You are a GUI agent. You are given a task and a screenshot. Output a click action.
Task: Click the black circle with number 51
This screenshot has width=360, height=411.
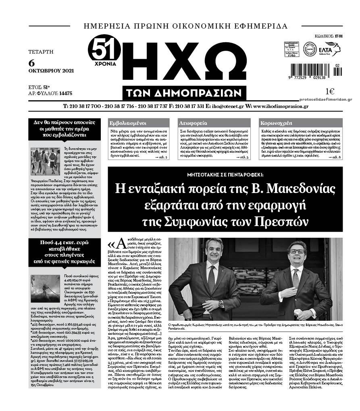pos(104,50)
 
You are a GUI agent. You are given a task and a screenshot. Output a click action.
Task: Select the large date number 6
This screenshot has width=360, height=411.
pos(31,63)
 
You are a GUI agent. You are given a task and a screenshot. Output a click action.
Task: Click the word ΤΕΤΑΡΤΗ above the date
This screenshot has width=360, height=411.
pos(41,52)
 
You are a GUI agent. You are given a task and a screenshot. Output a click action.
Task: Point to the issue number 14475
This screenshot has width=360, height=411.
pos(64,93)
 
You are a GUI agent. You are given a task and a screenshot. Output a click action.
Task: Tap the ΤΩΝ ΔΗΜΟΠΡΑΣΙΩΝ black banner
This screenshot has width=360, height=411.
pos(184,93)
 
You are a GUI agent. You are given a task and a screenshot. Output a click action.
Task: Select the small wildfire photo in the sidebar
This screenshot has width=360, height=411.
pos(45,289)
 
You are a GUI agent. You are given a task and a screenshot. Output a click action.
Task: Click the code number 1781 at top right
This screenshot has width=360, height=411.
pos(338,36)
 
